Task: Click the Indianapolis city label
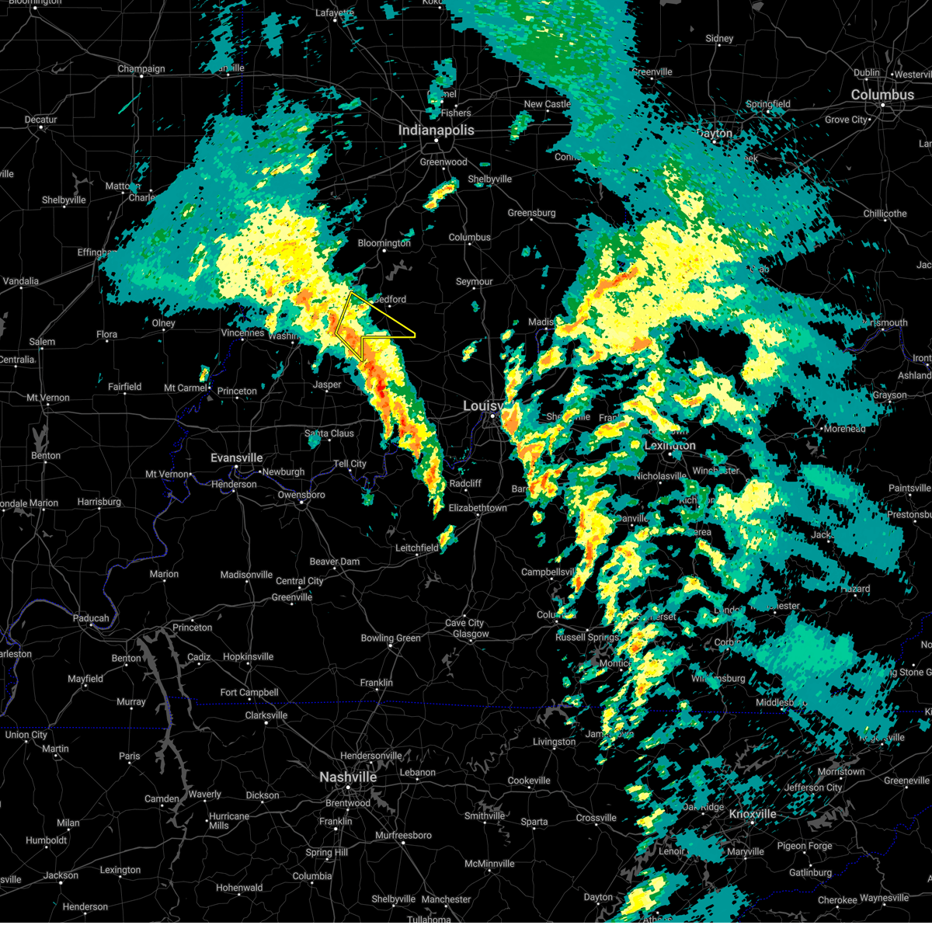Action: pyautogui.click(x=436, y=130)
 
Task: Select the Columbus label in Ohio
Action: pyautogui.click(x=882, y=95)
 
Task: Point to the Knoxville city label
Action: pyautogui.click(x=753, y=814)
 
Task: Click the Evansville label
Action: pyautogui.click(x=236, y=458)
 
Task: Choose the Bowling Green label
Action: pyautogui.click(x=391, y=638)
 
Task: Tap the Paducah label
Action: pyautogui.click(x=91, y=618)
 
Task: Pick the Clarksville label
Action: pyautogui.click(x=266, y=715)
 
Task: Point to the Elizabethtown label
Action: pyautogui.click(x=478, y=508)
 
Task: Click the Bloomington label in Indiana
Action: pyautogui.click(x=384, y=243)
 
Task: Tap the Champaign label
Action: pyautogui.click(x=141, y=69)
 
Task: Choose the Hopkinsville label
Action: pyautogui.click(x=248, y=657)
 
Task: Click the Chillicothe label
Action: pyautogui.click(x=885, y=214)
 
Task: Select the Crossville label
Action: pyautogui.click(x=596, y=818)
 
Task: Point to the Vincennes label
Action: pyautogui.click(x=243, y=333)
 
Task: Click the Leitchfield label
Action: pyautogui.click(x=417, y=548)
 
